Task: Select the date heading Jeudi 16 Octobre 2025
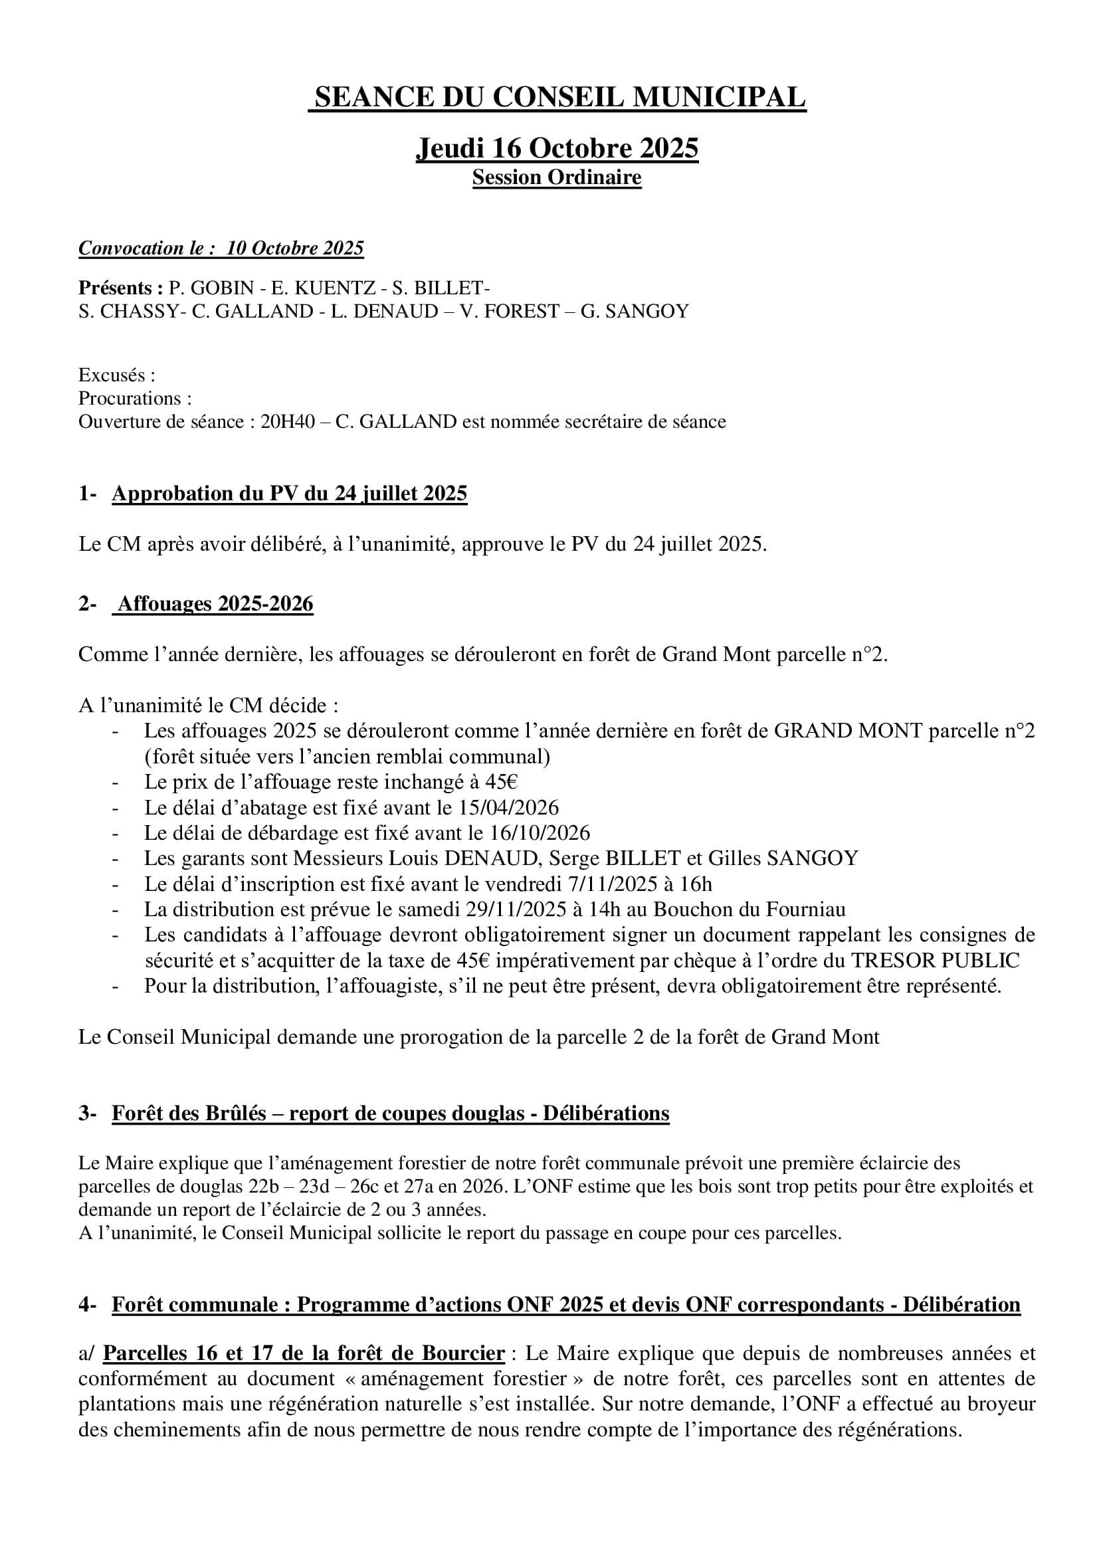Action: pyautogui.click(x=556, y=148)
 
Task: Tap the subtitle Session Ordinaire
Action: pyautogui.click(x=556, y=178)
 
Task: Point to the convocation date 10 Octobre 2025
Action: pyautogui.click(x=295, y=248)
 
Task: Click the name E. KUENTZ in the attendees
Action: pyautogui.click(x=324, y=288)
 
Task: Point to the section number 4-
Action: pyautogui.click(x=87, y=1305)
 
